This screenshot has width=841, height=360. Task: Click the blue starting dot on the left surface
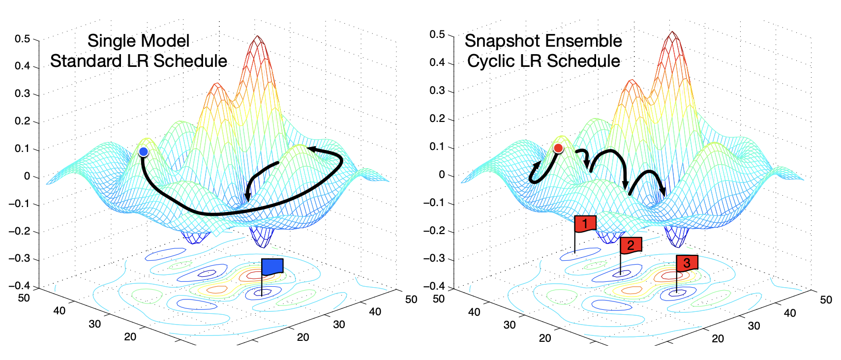click(143, 151)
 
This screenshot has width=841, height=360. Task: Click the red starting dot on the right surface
click(558, 148)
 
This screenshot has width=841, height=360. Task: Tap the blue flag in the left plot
click(272, 266)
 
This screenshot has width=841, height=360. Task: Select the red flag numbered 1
click(585, 224)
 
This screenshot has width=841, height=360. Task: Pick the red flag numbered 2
click(631, 245)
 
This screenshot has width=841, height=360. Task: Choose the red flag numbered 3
click(687, 263)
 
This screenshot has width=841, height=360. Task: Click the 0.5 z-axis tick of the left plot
click(22, 39)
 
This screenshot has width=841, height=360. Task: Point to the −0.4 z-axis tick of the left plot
click(19, 286)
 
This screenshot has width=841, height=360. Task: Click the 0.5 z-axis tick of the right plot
click(437, 34)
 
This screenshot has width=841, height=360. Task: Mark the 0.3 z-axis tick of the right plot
click(437, 90)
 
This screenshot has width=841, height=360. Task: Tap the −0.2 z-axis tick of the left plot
click(19, 231)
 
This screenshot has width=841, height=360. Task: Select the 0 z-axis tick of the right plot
click(442, 175)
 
